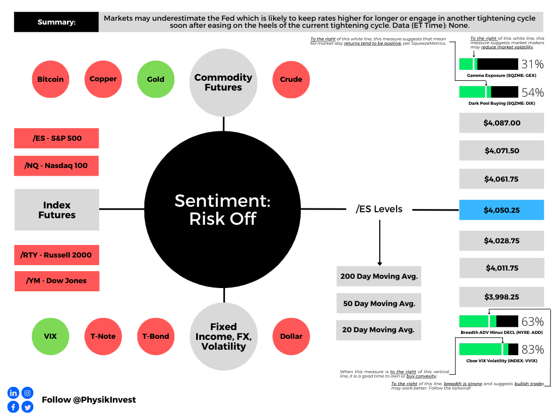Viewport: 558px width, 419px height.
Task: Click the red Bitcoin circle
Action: pyautogui.click(x=51, y=79)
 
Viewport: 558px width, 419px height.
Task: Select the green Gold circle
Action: pyautogui.click(x=155, y=79)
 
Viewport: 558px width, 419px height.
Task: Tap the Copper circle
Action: pyautogui.click(x=103, y=79)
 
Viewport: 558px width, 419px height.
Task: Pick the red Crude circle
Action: pyautogui.click(x=291, y=79)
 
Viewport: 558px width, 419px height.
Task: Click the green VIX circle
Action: pyautogui.click(x=51, y=336)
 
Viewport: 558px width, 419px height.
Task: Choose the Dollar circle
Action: pyautogui.click(x=291, y=336)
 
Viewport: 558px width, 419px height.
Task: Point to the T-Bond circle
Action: pyautogui.click(x=155, y=336)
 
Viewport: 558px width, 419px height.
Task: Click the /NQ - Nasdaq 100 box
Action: pyautogui.click(x=57, y=165)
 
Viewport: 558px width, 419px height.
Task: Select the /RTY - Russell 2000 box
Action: pyautogui.click(x=57, y=255)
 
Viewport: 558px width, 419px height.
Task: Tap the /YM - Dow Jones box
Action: pyautogui.click(x=57, y=281)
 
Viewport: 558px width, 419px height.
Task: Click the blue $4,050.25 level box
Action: pyautogui.click(x=501, y=209)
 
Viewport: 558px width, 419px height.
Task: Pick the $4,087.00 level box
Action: pyautogui.click(x=501, y=123)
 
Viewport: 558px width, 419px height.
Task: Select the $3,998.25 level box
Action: pyautogui.click(x=501, y=297)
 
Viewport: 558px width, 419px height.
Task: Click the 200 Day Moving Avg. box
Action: pyautogui.click(x=379, y=276)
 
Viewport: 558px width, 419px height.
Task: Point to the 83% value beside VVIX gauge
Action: pyautogui.click(x=532, y=349)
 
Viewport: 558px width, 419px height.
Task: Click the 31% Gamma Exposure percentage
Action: pyautogui.click(x=532, y=64)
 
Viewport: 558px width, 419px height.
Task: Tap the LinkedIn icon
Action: pyautogui.click(x=13, y=393)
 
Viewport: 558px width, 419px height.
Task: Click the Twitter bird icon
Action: pyautogui.click(x=27, y=406)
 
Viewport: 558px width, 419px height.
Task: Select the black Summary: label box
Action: pyautogui.click(x=57, y=22)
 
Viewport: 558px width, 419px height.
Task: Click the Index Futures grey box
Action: pyautogui.click(x=57, y=210)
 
